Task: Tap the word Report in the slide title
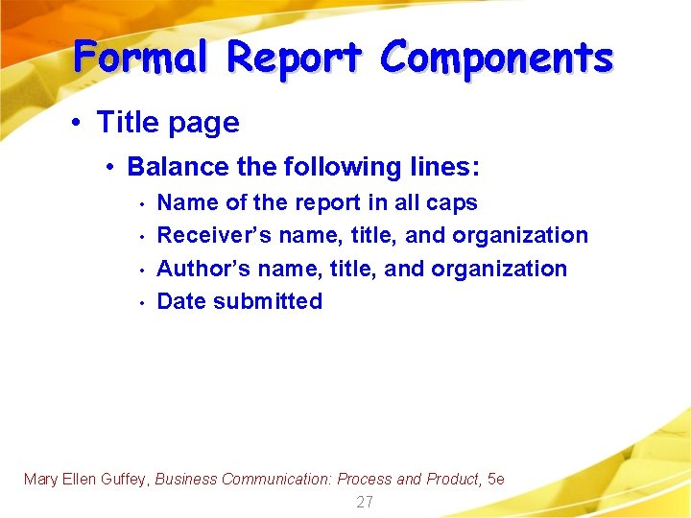[x=295, y=58]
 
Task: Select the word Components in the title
[x=496, y=58]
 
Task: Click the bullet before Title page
[x=77, y=123]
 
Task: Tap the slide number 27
[x=365, y=502]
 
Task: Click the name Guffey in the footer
[x=124, y=479]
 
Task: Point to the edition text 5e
[x=496, y=479]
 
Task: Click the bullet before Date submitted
[x=140, y=303]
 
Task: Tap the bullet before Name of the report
[x=140, y=204]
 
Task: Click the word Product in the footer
[x=452, y=479]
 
